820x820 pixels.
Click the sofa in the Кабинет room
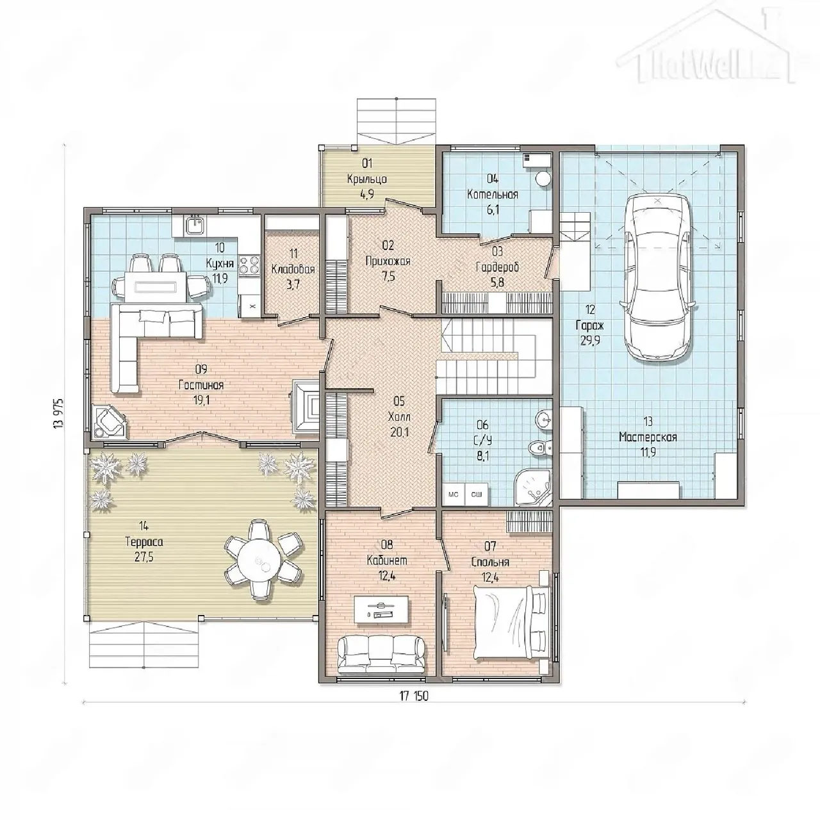coord(381,660)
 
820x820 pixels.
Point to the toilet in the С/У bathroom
coord(540,447)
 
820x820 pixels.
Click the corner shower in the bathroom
coord(534,486)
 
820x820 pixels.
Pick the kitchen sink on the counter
coord(195,224)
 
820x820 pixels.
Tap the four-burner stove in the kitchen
coord(249,265)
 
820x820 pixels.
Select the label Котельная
coord(493,195)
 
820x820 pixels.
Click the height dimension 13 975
coord(58,413)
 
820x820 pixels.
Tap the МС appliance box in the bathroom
coord(453,495)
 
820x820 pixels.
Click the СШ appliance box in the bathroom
coord(477,495)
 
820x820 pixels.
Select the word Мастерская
coord(648,437)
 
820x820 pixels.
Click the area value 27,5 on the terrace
coord(144,558)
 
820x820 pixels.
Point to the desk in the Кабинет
coord(381,609)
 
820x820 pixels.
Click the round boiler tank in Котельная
coord(542,178)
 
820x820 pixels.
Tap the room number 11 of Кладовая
coord(293,254)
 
